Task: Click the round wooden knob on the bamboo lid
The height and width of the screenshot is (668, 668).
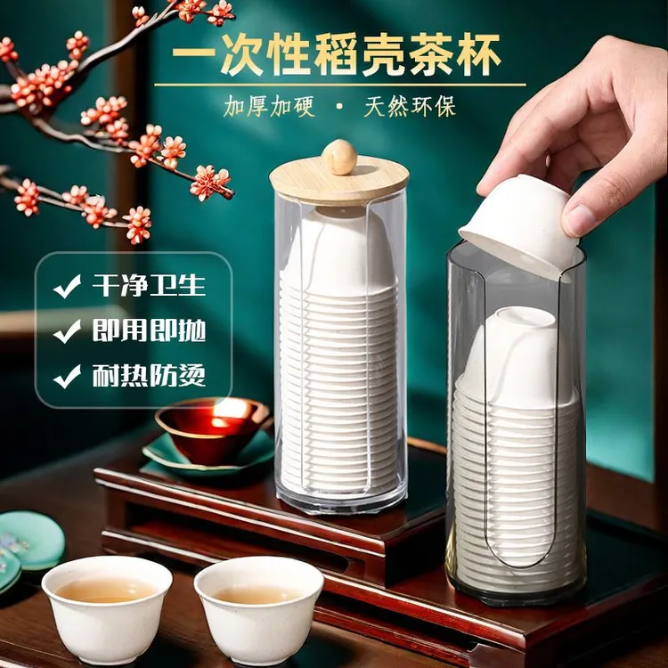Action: coord(339,157)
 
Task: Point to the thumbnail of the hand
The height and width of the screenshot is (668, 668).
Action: coord(578,219)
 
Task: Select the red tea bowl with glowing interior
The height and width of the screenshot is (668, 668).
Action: coord(212,429)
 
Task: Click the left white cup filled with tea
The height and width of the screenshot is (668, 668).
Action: coord(107,609)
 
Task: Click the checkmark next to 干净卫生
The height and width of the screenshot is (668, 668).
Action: coord(67,286)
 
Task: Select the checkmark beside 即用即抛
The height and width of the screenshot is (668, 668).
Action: coord(67,331)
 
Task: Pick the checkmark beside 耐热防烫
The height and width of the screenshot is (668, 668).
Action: coord(67,377)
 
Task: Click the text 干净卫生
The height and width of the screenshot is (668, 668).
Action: coord(149,285)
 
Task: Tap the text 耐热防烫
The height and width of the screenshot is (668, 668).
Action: coord(149,376)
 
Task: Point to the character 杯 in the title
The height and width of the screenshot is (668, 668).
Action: coord(477,55)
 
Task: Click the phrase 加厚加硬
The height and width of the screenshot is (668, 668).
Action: coord(269,106)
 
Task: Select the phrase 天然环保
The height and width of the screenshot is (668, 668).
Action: coord(410,106)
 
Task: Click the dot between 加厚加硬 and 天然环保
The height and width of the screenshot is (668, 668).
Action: coord(339,107)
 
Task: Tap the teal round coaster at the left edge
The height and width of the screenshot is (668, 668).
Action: coord(30,541)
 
